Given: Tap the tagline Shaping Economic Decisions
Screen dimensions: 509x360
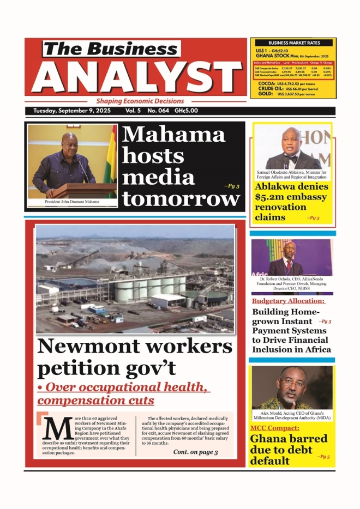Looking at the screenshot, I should pos(140,101).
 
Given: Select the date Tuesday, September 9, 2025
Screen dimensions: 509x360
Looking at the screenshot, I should pos(72,111).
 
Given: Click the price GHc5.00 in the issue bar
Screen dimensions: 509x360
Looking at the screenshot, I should pos(187,111).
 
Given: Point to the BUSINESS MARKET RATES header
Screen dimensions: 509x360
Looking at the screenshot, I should pos(293,43).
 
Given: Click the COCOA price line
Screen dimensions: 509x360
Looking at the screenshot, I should pos(293,83).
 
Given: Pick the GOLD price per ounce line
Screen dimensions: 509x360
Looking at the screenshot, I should pos(293,94).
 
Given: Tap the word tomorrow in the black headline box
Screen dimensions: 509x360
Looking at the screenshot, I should pos(181,199).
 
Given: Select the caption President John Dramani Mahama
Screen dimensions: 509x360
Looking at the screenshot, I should pos(71,202).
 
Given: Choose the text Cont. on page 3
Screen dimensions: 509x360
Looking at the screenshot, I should pos(195,452).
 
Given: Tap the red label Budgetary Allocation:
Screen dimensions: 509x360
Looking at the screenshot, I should pos(288,301).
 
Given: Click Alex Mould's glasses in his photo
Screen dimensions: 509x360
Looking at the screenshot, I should pos(291,381).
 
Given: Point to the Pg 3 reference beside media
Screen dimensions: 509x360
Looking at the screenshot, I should pos(231,186).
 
